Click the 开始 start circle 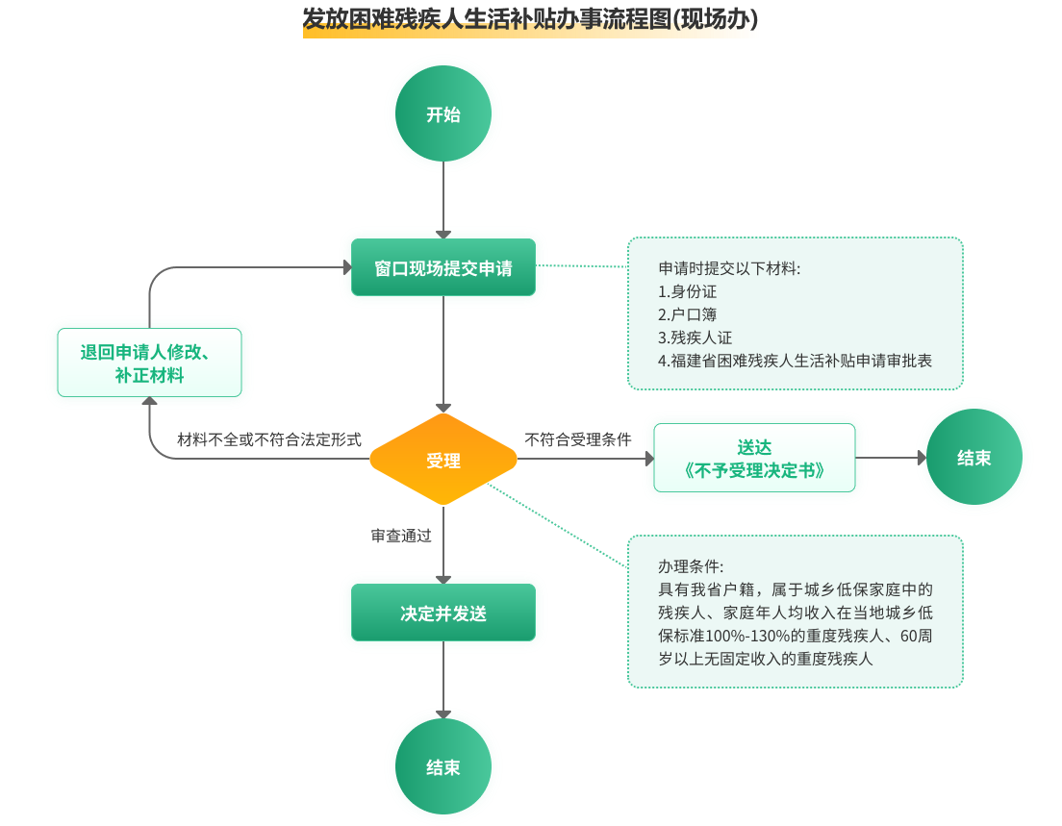pos(443,114)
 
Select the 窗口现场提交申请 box pos(443,268)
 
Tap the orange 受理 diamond pos(443,461)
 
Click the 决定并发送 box pos(443,613)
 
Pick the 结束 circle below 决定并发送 pos(443,767)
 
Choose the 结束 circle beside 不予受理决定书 pos(973,458)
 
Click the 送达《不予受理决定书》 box pos(754,459)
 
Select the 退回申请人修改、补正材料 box pos(149,363)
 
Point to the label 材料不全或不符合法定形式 pos(269,439)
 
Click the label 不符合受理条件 pos(578,439)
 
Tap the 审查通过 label pos(402,537)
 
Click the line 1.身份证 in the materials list pos(687,291)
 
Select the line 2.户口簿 pos(687,314)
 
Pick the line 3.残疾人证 pos(695,338)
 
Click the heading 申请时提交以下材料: pos(729,268)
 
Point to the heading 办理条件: pos(691,566)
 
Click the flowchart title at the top pos(530,18)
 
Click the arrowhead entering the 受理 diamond pos(443,407)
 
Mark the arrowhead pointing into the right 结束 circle pos(922,458)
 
